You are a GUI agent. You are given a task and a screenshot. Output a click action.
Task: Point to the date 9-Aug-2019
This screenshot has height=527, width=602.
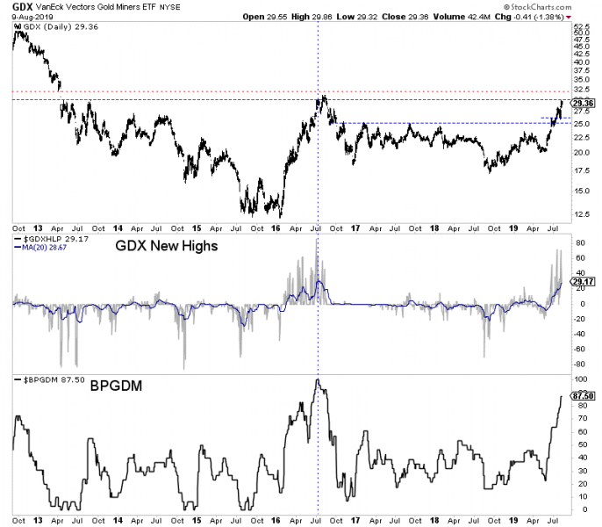(25, 17)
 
